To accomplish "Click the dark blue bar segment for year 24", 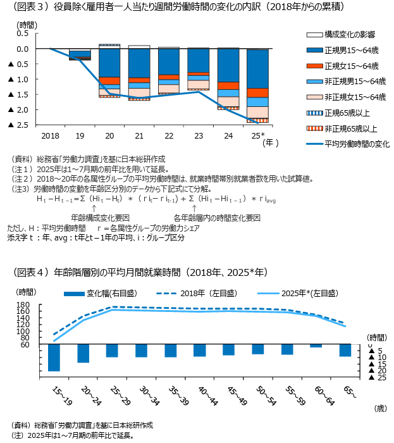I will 228,65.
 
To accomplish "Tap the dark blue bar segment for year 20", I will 109,62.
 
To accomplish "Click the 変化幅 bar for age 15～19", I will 54,358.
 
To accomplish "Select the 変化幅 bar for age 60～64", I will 316,346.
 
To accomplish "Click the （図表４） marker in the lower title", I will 32,273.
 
